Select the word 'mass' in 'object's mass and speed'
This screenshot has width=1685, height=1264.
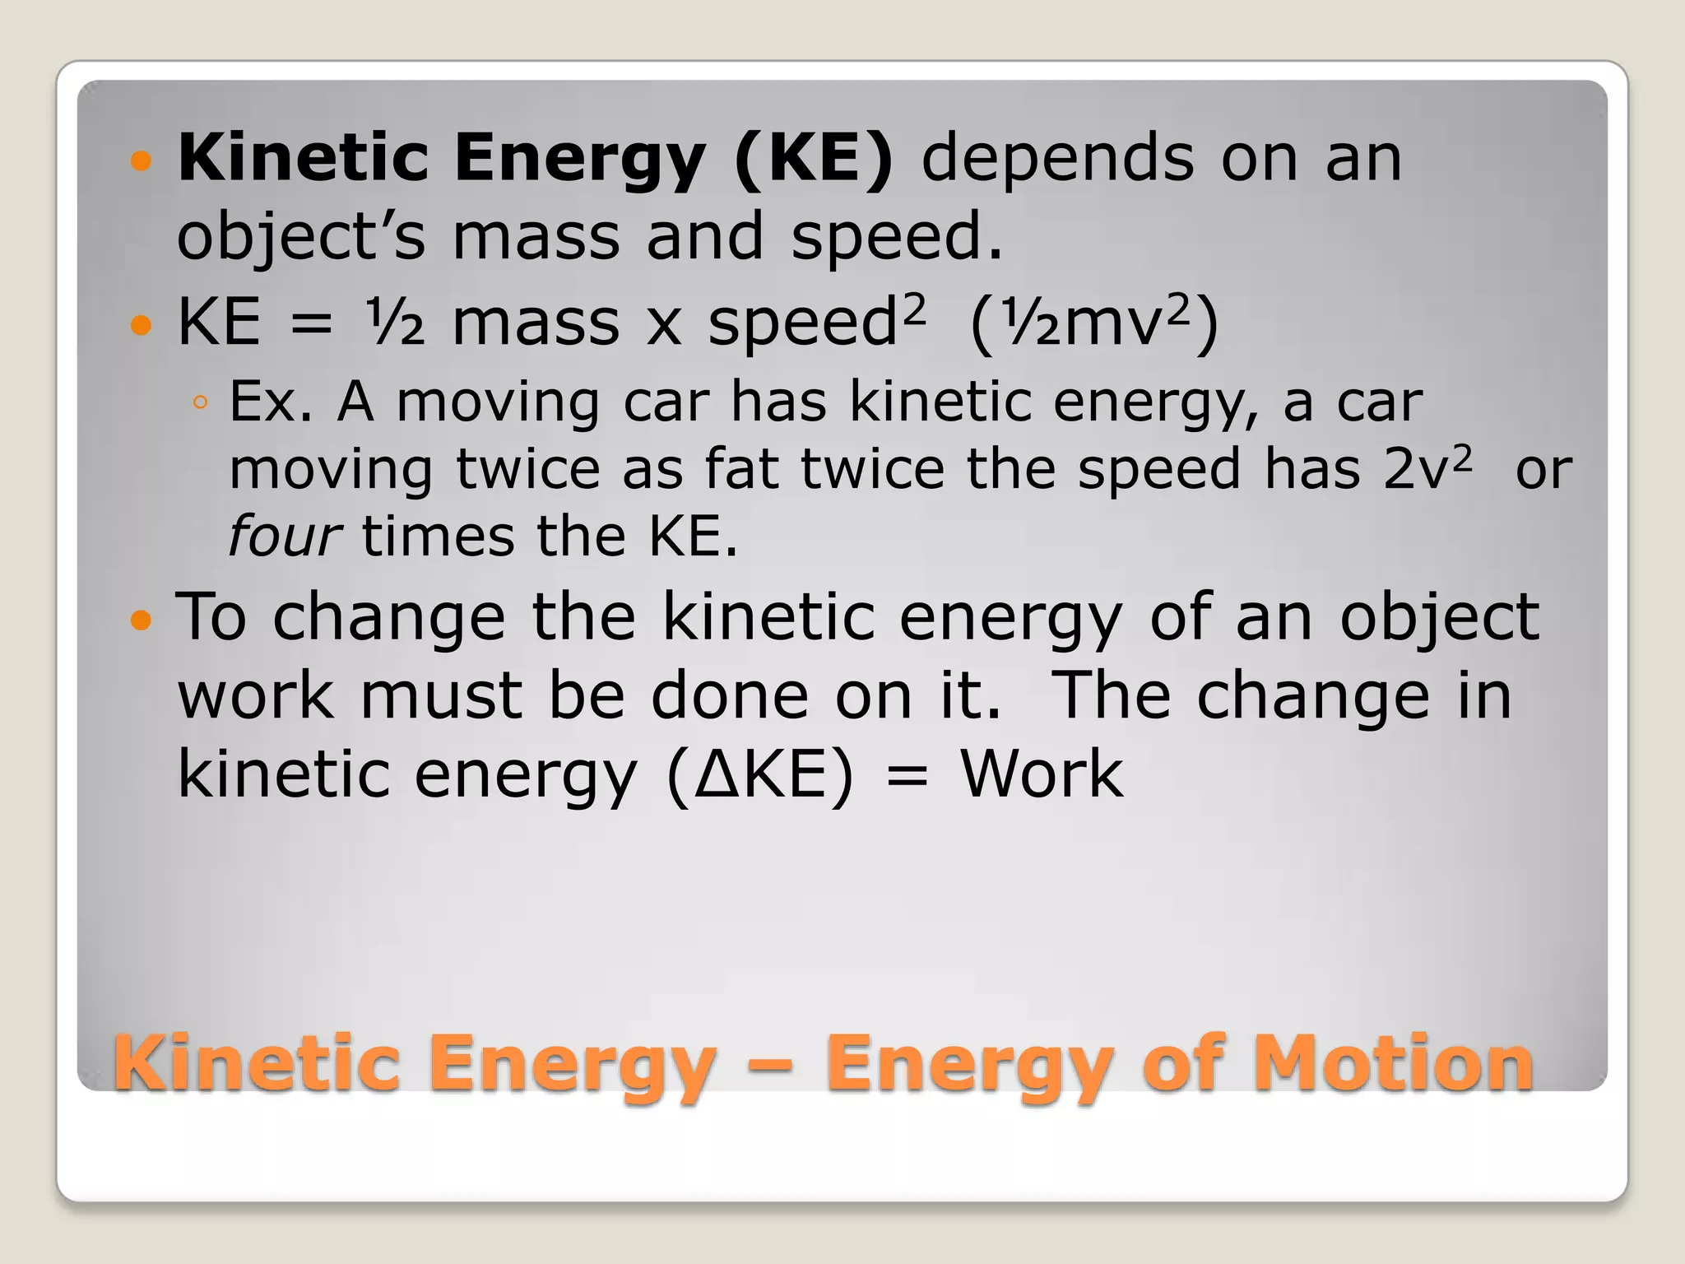pos(536,236)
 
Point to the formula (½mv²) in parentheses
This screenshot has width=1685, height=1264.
pos(1094,322)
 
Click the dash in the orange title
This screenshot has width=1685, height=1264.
pos(769,1065)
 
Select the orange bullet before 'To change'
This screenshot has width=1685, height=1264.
pos(142,619)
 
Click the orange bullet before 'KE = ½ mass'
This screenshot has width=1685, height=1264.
pos(142,325)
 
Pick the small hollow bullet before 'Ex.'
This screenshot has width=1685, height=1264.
pos(200,403)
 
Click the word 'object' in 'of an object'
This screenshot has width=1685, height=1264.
pos(1439,617)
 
